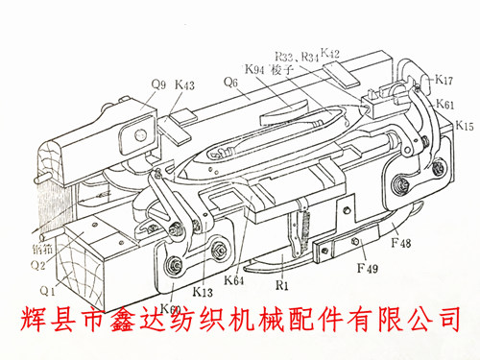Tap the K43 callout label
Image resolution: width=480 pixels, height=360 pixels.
tap(185, 84)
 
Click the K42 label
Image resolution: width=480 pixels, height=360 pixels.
tap(330, 53)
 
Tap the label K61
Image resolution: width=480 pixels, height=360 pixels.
tap(444, 103)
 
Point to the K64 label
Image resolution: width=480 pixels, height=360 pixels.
tap(234, 279)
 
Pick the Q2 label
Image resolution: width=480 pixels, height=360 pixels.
tap(36, 266)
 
